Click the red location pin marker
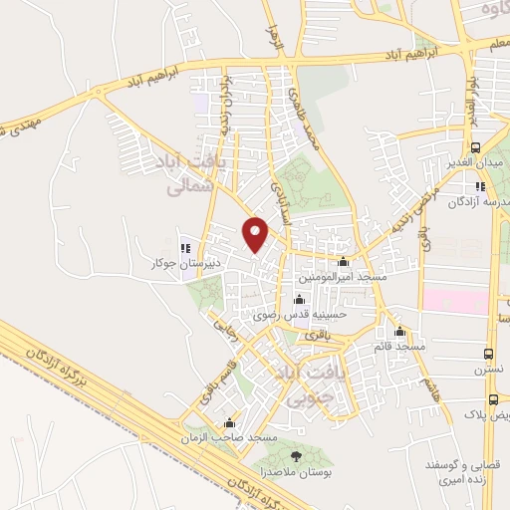click(x=256, y=234)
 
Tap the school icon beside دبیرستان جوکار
click(x=183, y=248)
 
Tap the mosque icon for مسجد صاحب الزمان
click(x=231, y=422)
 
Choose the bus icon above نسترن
click(x=488, y=354)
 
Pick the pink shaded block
click(x=456, y=300)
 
